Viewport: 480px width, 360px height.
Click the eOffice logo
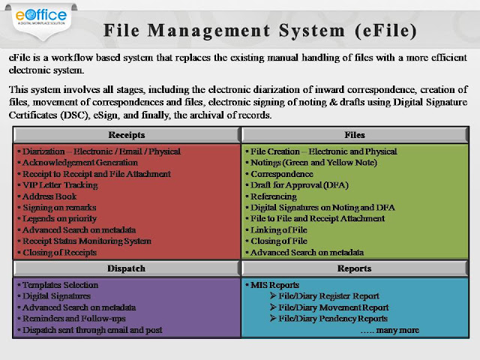pyautogui.click(x=41, y=16)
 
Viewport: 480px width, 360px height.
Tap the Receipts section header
pyautogui.click(x=127, y=135)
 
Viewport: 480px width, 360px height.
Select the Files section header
pyautogui.click(x=355, y=135)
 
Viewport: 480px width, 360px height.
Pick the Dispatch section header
pyautogui.click(x=127, y=268)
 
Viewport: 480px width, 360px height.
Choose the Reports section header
pyautogui.click(x=355, y=268)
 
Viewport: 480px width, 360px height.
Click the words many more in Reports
pyautogui.click(x=397, y=330)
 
